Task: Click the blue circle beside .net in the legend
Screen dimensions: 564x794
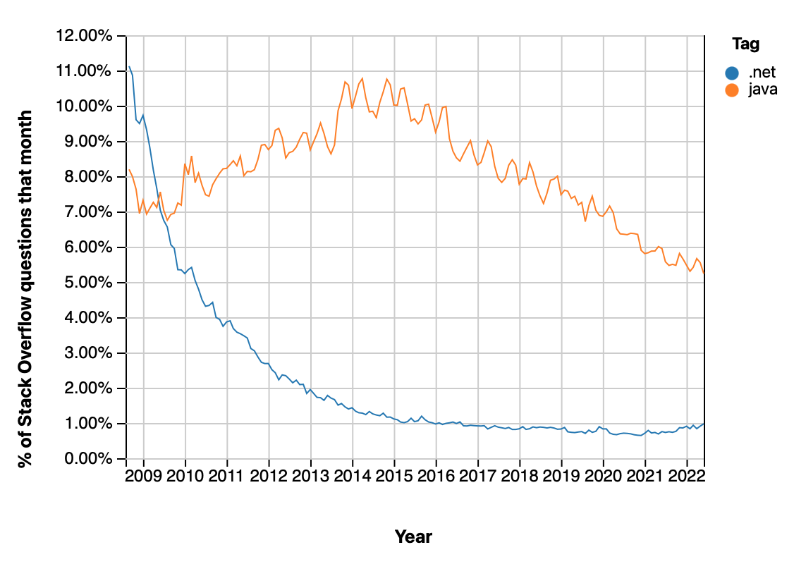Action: coord(733,72)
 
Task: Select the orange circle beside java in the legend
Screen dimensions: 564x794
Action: coord(733,90)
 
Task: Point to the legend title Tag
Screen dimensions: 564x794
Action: coord(745,44)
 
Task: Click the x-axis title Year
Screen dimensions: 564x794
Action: coord(413,537)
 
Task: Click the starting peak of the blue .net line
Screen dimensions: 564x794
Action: coord(128,67)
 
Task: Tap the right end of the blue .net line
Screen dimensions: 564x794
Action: coord(704,424)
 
